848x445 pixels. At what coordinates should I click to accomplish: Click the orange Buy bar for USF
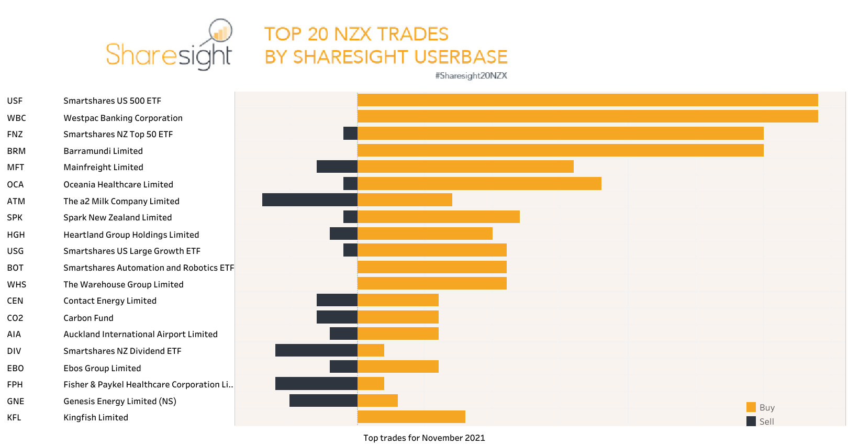pos(587,100)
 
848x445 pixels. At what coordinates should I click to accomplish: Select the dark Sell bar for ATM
pos(309,200)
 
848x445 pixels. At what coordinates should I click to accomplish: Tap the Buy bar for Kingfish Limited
pos(411,417)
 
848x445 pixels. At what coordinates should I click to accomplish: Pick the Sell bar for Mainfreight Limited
pos(337,166)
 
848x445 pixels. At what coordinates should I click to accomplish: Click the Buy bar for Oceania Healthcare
pos(479,183)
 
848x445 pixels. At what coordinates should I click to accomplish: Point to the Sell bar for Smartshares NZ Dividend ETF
pos(316,350)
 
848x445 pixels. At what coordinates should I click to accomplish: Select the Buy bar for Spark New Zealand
pos(438,217)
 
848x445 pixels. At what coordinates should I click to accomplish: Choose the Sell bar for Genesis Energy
pos(323,400)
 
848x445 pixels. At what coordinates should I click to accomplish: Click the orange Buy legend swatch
pos(751,407)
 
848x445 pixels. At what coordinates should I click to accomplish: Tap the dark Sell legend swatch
pos(751,421)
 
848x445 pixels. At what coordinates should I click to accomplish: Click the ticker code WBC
pos(16,118)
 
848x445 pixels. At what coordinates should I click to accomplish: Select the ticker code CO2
pos(15,318)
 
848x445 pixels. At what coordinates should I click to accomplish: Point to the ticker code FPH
pos(15,384)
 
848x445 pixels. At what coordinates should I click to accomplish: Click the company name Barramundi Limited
pos(103,151)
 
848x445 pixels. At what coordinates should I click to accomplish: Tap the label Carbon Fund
pos(88,318)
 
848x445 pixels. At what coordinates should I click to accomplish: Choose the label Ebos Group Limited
pos(102,368)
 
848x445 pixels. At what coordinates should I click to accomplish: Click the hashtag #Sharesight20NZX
pos(471,76)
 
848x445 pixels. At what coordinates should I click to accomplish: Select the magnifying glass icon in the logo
pos(220,31)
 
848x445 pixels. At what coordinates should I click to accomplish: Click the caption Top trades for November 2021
pos(424,438)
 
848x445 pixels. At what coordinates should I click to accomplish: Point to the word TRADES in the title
pos(412,34)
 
